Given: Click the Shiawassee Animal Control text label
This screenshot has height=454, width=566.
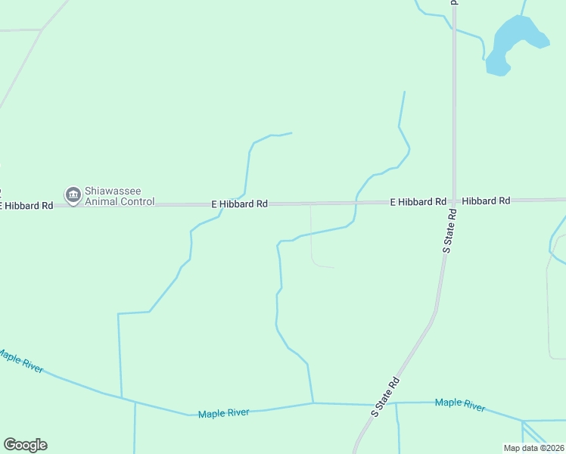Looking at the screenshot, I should coord(120,197).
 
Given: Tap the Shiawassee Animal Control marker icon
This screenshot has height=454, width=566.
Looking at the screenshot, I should coord(73,196).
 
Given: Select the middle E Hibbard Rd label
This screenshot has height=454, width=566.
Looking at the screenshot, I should coord(239,204).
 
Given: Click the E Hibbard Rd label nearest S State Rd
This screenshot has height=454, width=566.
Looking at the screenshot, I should coord(418,202).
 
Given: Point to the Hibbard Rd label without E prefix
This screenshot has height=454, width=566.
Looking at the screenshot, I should coord(486,201).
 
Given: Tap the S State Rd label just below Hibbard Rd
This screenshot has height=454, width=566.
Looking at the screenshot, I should coord(450,231).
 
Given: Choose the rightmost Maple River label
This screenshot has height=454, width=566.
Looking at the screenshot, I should coord(460,405).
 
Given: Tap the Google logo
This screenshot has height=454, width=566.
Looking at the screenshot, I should coord(25,445).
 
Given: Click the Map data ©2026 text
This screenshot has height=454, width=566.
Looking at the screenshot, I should coord(533,448).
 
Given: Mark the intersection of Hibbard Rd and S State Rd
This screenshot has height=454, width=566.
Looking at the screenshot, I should coord(454,201).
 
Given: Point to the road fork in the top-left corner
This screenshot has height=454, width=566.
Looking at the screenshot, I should coord(42,30).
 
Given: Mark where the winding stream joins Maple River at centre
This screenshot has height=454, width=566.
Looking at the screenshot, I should coord(313,403).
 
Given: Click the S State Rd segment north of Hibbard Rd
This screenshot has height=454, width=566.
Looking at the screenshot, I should coord(454,113).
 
